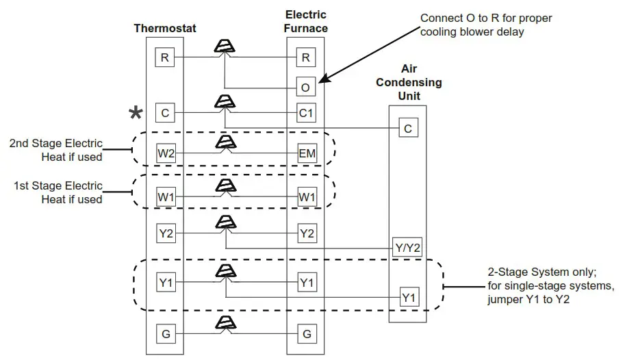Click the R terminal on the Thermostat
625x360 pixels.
(164, 57)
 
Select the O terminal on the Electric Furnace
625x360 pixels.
(306, 87)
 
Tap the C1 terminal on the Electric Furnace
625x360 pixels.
(306, 113)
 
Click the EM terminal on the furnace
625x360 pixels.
(306, 153)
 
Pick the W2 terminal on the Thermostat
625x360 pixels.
(165, 153)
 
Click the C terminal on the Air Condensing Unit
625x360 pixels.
(407, 128)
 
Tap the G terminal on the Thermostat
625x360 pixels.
(165, 335)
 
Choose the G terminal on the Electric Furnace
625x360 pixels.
(306, 335)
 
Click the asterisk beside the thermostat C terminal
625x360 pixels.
(137, 113)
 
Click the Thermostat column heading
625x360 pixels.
(164, 29)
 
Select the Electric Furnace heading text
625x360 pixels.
(306, 21)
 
